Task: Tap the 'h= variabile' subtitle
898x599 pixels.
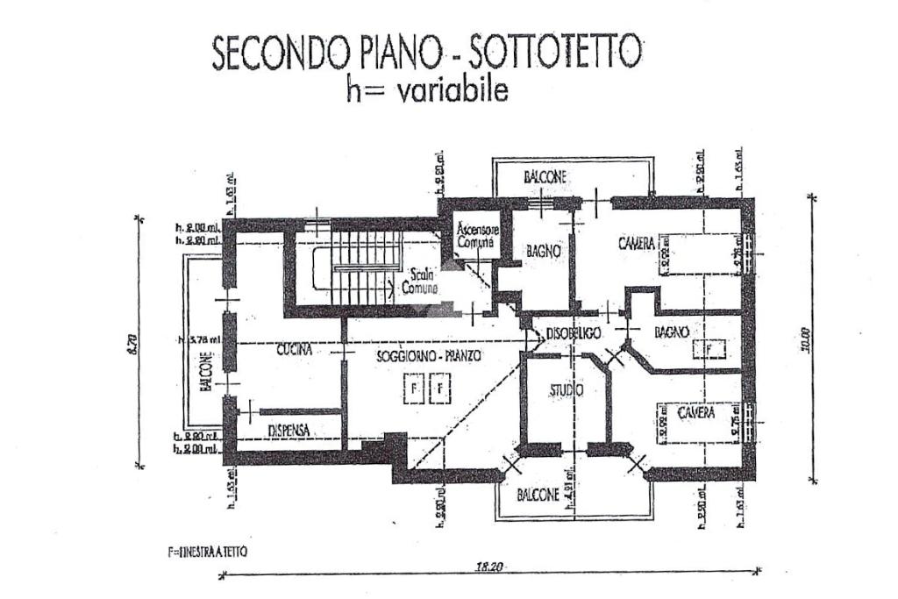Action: pyautogui.click(x=427, y=90)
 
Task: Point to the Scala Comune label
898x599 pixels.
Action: pyautogui.click(x=420, y=280)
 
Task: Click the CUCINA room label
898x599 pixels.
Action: pyautogui.click(x=296, y=350)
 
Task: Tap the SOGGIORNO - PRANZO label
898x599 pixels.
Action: pyautogui.click(x=428, y=356)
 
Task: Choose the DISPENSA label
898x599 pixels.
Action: pyautogui.click(x=289, y=430)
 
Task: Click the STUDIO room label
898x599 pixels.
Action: pyautogui.click(x=567, y=390)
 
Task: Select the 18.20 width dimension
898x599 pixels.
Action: pyautogui.click(x=489, y=567)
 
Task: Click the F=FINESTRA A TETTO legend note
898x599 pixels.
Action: pyautogui.click(x=207, y=553)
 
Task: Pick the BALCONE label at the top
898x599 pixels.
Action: pyautogui.click(x=545, y=176)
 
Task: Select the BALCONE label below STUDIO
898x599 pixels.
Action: pyautogui.click(x=537, y=493)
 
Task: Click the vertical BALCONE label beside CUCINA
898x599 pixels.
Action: pyautogui.click(x=205, y=372)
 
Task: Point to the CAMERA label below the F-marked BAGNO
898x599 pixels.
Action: pyautogui.click(x=695, y=411)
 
